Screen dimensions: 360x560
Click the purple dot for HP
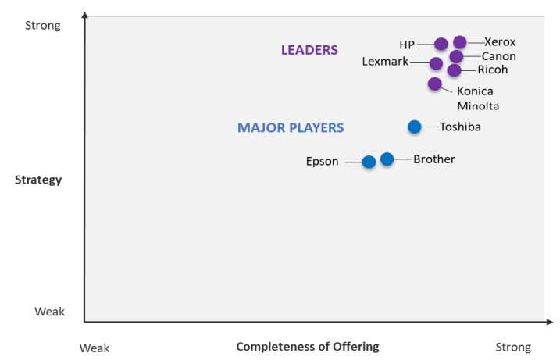pyautogui.click(x=441, y=44)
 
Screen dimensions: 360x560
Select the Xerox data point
pyautogui.click(x=460, y=42)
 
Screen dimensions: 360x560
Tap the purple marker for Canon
pyautogui.click(x=457, y=57)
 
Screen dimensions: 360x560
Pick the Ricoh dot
pyautogui.click(x=455, y=70)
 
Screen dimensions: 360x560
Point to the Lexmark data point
pyautogui.click(x=437, y=63)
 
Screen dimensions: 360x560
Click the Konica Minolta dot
pyautogui.click(x=435, y=84)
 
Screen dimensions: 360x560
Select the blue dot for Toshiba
pyautogui.click(x=415, y=127)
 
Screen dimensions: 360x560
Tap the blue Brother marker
pyautogui.click(x=387, y=159)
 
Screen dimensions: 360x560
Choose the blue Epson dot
pyautogui.click(x=369, y=162)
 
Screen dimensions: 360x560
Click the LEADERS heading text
pyautogui.click(x=309, y=50)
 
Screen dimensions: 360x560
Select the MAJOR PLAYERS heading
pyautogui.click(x=291, y=127)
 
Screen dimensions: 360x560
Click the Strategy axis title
pyautogui.click(x=38, y=180)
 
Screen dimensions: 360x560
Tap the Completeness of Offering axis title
pyautogui.click(x=307, y=346)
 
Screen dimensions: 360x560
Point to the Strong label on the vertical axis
pyautogui.click(x=43, y=26)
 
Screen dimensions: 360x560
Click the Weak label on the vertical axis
pyautogui.click(x=49, y=312)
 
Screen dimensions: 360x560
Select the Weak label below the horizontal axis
pyautogui.click(x=95, y=348)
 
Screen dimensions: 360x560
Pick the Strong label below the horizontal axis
pyautogui.click(x=513, y=348)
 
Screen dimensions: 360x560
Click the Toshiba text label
pyautogui.click(x=460, y=127)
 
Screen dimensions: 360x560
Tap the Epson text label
pyautogui.click(x=322, y=162)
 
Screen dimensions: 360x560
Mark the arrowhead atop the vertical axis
pyautogui.click(x=84, y=15)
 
